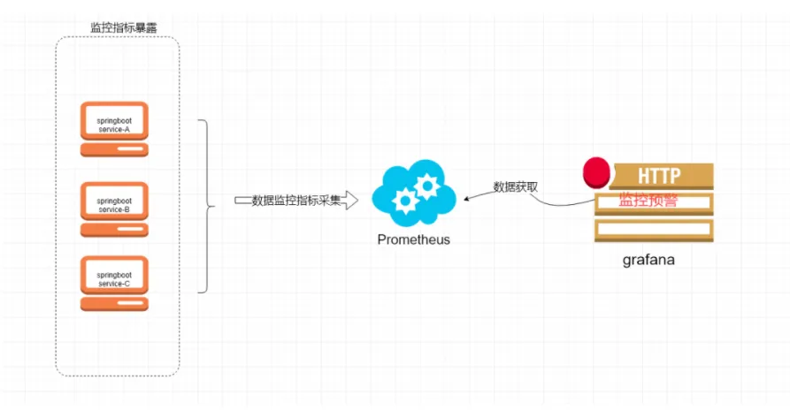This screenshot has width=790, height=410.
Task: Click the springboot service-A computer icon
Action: coord(114,125)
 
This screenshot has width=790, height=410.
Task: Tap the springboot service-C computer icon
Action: coord(114,277)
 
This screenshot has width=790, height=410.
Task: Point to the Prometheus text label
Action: coord(413,239)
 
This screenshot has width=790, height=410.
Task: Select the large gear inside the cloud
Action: coord(426,186)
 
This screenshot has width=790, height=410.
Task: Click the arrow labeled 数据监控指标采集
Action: coord(295,201)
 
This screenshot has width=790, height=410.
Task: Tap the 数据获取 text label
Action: coord(515,186)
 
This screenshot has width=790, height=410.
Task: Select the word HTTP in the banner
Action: coord(659,176)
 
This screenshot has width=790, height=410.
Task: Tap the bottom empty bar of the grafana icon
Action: coord(654,230)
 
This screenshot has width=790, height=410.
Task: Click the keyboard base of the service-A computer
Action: coord(114,151)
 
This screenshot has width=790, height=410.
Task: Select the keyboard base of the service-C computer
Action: coord(114,304)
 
